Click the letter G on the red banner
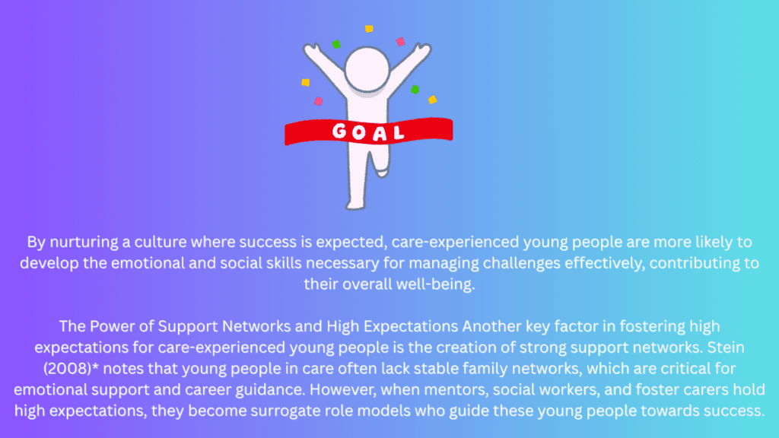click(339, 131)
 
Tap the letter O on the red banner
click(359, 132)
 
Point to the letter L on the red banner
click(398, 132)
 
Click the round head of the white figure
click(367, 69)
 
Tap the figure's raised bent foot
click(381, 172)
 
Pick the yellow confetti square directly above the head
click(369, 29)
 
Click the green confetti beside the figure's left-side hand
click(336, 44)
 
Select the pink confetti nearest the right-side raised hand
click(400, 42)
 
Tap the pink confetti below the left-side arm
click(319, 101)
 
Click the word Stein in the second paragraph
click(726, 347)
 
